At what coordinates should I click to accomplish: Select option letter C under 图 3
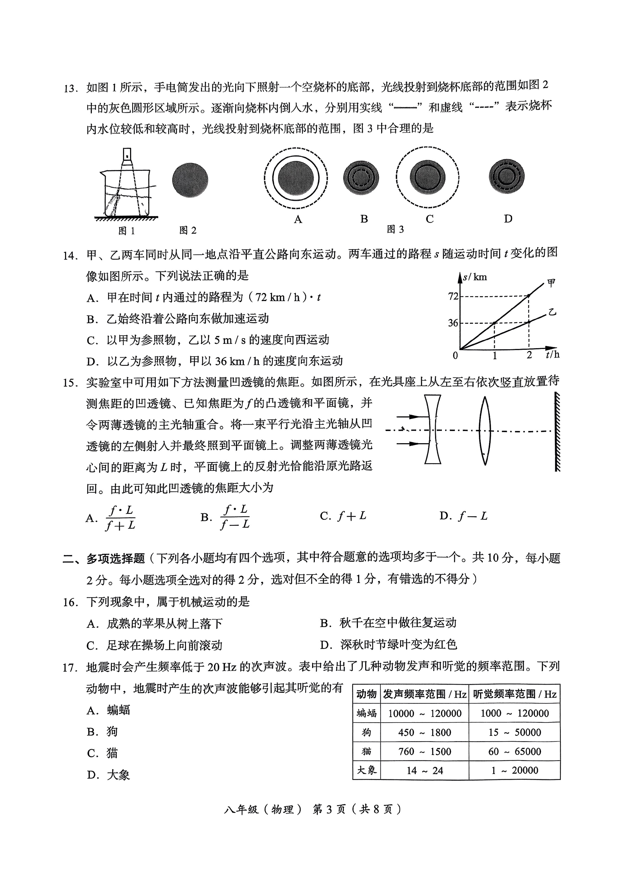pos(429,219)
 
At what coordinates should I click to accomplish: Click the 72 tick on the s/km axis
pos(454,296)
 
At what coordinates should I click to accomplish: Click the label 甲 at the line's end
pos(551,284)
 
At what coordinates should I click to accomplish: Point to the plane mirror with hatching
pos(557,431)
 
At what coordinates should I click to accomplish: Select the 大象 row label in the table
pos(366,770)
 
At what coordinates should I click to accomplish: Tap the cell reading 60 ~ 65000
pos(514,751)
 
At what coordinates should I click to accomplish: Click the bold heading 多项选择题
pos(115,558)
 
